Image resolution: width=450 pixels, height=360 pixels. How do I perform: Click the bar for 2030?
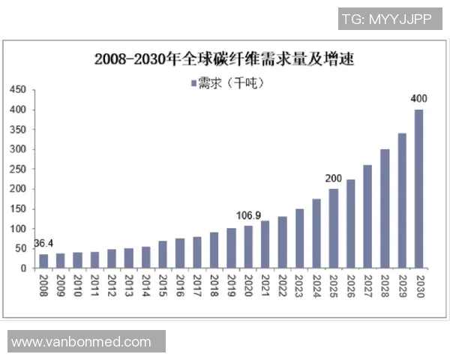[x=418, y=189]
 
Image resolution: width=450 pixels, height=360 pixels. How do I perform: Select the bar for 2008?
[x=43, y=261]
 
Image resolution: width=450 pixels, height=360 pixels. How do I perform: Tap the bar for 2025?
[x=333, y=228]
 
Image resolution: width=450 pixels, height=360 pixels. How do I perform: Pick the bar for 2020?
[x=247, y=247]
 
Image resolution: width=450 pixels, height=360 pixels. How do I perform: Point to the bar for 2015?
[x=162, y=254]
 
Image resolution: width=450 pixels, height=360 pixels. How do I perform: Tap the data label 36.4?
[x=44, y=244]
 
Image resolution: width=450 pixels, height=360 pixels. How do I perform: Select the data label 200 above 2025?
[x=333, y=178]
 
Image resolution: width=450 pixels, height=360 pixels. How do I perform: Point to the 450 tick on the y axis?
[x=18, y=90]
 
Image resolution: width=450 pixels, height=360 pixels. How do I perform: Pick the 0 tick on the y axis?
[x=23, y=268]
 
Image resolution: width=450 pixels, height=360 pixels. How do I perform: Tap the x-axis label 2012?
[x=111, y=286]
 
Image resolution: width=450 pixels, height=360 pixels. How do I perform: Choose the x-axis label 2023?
[x=299, y=286]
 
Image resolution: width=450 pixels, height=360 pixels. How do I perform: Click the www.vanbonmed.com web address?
[x=82, y=342]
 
